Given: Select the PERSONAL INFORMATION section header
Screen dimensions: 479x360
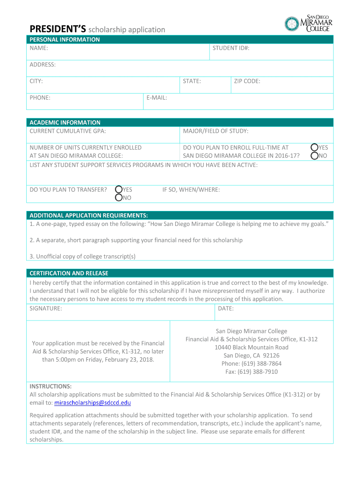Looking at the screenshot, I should pos(65,40).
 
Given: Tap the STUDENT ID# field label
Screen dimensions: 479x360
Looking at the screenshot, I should pos(231,48).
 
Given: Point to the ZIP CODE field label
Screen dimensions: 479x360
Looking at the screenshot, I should pos(247,81).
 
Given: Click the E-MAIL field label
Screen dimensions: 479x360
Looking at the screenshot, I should pos(157,98).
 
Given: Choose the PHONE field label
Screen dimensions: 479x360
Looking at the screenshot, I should pos(40,98).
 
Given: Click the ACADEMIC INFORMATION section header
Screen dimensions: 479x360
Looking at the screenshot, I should pos(65,123).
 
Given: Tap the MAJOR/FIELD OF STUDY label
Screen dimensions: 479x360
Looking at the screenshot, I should pos(216,131).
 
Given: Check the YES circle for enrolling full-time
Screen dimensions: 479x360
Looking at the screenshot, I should pos(315,147).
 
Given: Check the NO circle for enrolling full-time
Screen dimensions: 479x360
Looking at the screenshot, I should pos(315,155).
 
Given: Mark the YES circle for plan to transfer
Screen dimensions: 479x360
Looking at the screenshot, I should pos(119,189).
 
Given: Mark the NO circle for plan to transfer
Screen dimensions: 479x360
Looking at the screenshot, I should pos(119,198).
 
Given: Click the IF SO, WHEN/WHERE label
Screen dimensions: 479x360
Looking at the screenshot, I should pos(191,189).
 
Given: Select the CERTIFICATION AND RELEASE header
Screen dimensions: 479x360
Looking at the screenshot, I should pos(69,273).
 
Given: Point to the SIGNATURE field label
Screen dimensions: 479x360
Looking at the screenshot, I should pos(46,309).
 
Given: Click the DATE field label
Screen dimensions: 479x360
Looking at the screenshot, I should pos(226,309).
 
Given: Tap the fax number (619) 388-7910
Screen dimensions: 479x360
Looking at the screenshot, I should pos(251,372).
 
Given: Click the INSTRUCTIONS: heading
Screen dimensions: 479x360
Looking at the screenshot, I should pos(50,386).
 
